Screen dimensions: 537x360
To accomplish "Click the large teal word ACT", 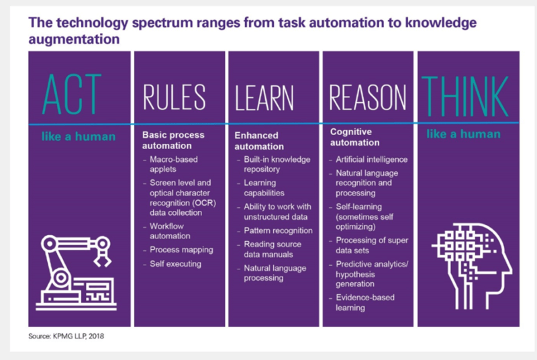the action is click(x=72, y=94).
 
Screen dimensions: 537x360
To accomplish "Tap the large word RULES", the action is click(x=174, y=97).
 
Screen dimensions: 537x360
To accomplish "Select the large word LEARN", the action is click(x=264, y=98).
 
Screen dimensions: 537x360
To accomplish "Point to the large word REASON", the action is click(x=367, y=97).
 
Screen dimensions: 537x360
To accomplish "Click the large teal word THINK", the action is click(x=465, y=96).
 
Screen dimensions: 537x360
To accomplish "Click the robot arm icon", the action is click(x=76, y=273).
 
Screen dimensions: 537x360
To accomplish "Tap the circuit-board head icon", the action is click(x=472, y=266).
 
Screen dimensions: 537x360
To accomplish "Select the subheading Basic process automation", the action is click(x=173, y=140).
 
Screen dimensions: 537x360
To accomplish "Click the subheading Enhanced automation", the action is click(x=259, y=141).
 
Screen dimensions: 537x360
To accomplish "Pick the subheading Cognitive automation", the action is click(x=354, y=137).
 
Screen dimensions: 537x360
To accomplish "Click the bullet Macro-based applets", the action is click(x=173, y=164).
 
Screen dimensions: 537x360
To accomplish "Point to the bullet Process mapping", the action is click(x=181, y=250).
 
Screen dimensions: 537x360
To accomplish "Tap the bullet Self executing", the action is click(x=175, y=264).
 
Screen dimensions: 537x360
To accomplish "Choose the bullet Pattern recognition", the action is click(x=278, y=230).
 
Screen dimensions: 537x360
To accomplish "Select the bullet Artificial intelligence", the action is click(x=372, y=159).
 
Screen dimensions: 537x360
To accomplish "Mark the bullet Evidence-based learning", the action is click(x=364, y=302).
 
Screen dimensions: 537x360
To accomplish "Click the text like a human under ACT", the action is click(x=79, y=136).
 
